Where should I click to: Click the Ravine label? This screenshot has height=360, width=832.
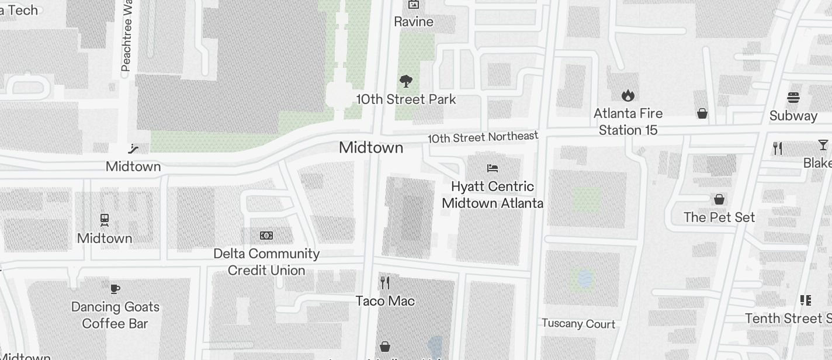(x=414, y=22)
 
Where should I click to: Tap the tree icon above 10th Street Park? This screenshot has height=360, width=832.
(x=406, y=81)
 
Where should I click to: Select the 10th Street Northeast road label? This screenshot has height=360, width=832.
(x=483, y=137)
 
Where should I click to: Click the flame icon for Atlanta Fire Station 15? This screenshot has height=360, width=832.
(x=628, y=95)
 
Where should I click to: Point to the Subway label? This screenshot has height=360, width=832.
(x=793, y=116)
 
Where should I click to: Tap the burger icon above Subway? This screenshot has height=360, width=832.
(x=793, y=97)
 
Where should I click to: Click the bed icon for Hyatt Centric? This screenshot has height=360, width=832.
(x=493, y=168)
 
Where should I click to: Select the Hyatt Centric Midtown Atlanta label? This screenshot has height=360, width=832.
(x=493, y=195)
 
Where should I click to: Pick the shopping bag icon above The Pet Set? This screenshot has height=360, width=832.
(x=719, y=199)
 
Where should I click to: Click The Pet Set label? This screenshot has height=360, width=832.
(x=719, y=217)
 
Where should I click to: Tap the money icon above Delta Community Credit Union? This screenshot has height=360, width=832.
(x=266, y=236)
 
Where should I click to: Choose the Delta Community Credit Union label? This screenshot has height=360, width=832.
(x=266, y=262)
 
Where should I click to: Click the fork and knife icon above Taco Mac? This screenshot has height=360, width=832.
(x=385, y=283)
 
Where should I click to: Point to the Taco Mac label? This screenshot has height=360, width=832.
(x=385, y=301)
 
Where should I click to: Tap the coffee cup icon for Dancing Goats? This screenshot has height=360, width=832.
(x=115, y=289)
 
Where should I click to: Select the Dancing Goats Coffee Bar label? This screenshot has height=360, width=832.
(x=115, y=315)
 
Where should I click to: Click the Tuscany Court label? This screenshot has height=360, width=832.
(x=578, y=324)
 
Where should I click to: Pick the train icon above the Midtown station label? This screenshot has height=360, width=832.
(x=105, y=220)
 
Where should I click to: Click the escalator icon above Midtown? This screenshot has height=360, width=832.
(x=134, y=148)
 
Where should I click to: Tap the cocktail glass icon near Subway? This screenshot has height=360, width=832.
(x=823, y=145)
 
